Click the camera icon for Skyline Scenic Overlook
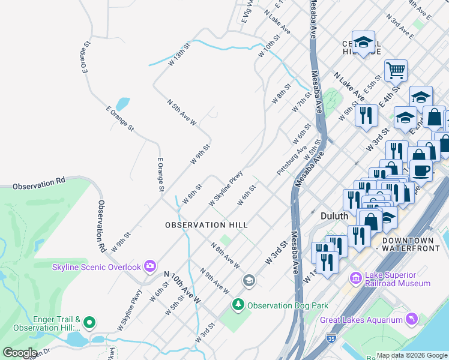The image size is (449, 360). (149, 266)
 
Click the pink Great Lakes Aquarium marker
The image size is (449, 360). (411, 319)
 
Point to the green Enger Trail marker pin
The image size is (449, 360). (89, 322)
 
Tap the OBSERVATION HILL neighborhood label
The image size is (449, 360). (206, 224)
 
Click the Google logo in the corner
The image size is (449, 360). (20, 352)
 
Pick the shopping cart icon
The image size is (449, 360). (396, 70)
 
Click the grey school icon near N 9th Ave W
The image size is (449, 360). (249, 281)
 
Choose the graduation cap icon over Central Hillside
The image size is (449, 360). (363, 41)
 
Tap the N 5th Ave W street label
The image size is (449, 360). (181, 113)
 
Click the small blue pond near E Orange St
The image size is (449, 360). (122, 104)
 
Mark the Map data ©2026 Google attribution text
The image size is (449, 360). (412, 355)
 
